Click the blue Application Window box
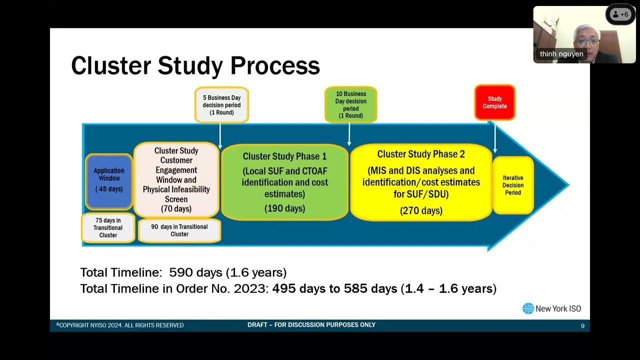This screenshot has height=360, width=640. pyautogui.click(x=109, y=181)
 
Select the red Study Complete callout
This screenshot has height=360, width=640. pyautogui.click(x=494, y=102)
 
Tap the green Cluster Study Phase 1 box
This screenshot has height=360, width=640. pyautogui.click(x=284, y=182)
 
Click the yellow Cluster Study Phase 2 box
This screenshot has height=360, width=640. pyautogui.click(x=421, y=182)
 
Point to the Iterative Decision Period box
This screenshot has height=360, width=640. pyautogui.click(x=512, y=185)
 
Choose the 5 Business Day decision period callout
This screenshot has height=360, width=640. pyautogui.click(x=221, y=105)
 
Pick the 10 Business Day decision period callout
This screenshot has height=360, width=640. pyautogui.click(x=350, y=104)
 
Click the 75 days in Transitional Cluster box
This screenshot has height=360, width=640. pyautogui.click(x=108, y=228)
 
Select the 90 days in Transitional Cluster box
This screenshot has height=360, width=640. pyautogui.click(x=179, y=230)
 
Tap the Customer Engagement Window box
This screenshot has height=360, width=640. pyautogui.click(x=176, y=179)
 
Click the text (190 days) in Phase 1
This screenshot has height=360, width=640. pyautogui.click(x=284, y=208)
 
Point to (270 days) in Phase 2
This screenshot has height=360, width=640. pyautogui.click(x=421, y=210)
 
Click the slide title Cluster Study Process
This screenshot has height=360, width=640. pyautogui.click(x=195, y=66)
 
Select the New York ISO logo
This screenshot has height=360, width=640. pyautogui.click(x=551, y=308)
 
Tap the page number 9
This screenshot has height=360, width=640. pyautogui.click(x=582, y=326)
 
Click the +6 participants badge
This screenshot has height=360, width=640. pyautogui.click(x=620, y=14)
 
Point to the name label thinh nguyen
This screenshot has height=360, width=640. pyautogui.click(x=561, y=54)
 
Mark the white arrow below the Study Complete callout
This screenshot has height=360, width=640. pyautogui.click(x=495, y=137)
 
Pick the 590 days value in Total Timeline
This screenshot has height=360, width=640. pyautogui.click(x=195, y=272)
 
